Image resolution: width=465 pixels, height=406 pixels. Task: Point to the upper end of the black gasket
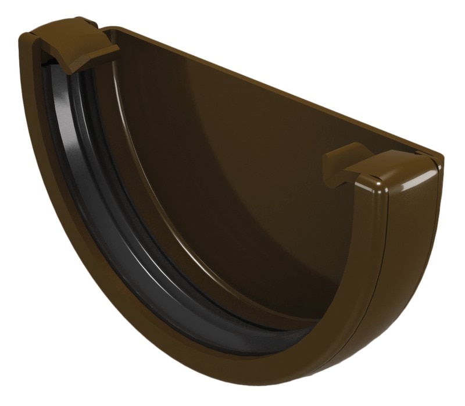tap(55, 70)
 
